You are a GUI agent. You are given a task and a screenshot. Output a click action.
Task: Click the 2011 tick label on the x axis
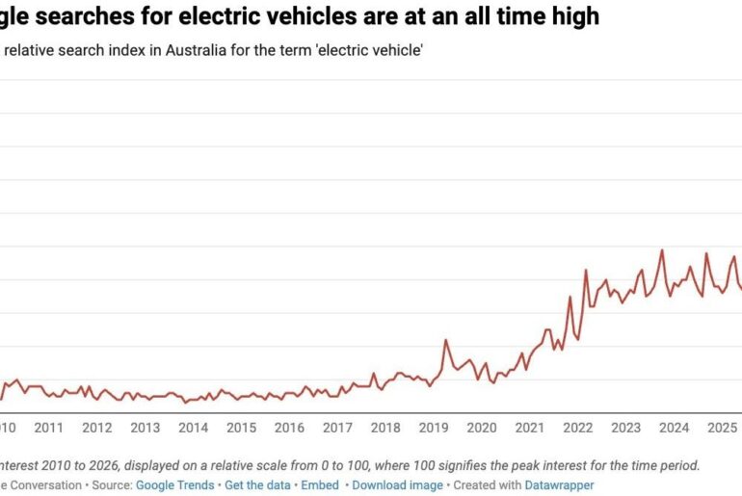click(x=48, y=428)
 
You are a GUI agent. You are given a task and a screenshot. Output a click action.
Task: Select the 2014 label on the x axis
click(x=193, y=428)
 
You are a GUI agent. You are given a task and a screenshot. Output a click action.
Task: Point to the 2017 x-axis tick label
click(x=337, y=428)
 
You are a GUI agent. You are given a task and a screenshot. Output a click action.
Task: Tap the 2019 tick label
click(x=433, y=428)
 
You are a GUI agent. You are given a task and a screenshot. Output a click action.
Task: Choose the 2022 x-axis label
click(x=577, y=428)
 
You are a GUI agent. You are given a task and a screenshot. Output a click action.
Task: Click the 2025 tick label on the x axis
click(x=721, y=428)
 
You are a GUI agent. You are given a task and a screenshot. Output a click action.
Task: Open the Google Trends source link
click(x=175, y=485)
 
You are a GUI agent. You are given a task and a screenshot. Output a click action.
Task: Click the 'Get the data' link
click(x=258, y=485)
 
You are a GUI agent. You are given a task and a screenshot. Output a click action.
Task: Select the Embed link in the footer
click(x=320, y=485)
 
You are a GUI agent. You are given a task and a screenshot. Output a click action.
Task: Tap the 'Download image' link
click(x=397, y=485)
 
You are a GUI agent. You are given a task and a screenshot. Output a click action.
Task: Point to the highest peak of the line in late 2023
click(x=662, y=250)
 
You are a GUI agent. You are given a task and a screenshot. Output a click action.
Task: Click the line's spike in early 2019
click(x=445, y=340)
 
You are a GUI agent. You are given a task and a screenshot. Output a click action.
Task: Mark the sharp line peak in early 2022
click(x=585, y=271)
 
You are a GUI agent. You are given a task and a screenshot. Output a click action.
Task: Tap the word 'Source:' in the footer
click(x=111, y=485)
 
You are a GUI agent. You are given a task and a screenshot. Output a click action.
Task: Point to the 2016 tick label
click(x=289, y=428)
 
